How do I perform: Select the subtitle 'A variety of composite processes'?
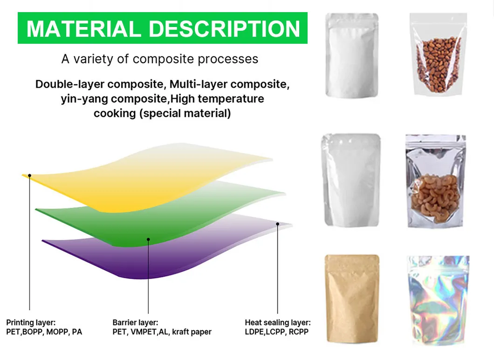click(160, 60)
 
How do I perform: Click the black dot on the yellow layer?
click(29, 176)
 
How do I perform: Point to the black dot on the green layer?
click(148, 239)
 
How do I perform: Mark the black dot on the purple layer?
click(277, 224)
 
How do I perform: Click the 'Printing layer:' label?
click(31, 322)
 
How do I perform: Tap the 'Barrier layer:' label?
click(135, 322)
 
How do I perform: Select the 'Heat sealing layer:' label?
click(278, 322)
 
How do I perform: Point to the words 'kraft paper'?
click(192, 332)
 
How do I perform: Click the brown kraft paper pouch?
click(351, 298)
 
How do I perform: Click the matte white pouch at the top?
click(351, 55)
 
